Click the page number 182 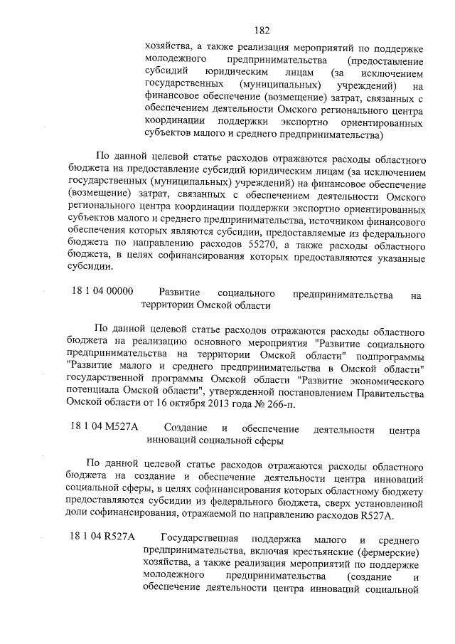[x=262, y=31]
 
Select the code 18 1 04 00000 [x=104, y=292]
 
